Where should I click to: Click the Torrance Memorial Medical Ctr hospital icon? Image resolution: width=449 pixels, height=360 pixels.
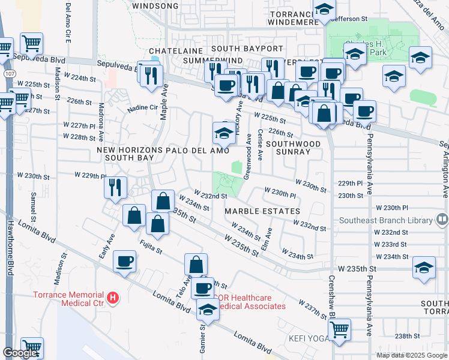click(x=112, y=298)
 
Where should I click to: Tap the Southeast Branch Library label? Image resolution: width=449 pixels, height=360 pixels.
click(x=386, y=220)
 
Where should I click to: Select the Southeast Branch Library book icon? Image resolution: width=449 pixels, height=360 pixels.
click(x=442, y=220)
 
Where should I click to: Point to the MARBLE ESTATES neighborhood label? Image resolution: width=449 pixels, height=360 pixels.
click(x=262, y=211)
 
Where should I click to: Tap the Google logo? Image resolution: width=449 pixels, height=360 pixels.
click(x=20, y=353)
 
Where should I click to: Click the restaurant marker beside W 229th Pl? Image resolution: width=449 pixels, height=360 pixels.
click(x=115, y=187)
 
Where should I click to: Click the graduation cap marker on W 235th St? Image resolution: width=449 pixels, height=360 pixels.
click(x=424, y=268)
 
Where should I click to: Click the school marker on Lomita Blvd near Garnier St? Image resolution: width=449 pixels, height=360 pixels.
click(x=208, y=310)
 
